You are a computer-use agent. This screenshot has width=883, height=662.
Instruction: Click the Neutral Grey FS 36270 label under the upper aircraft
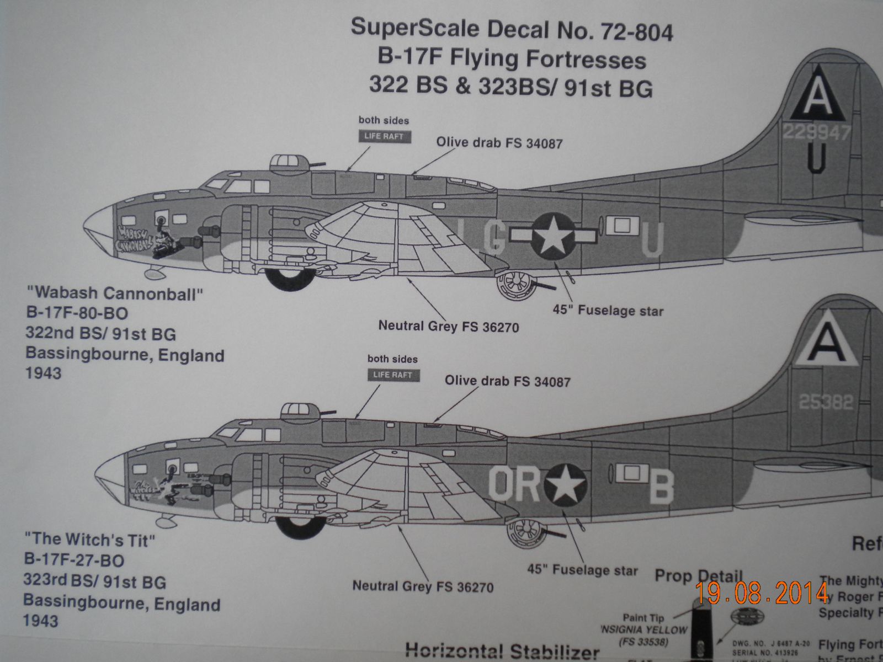[x=449, y=327]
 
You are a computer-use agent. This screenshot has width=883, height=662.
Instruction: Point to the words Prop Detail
[x=699, y=576]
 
